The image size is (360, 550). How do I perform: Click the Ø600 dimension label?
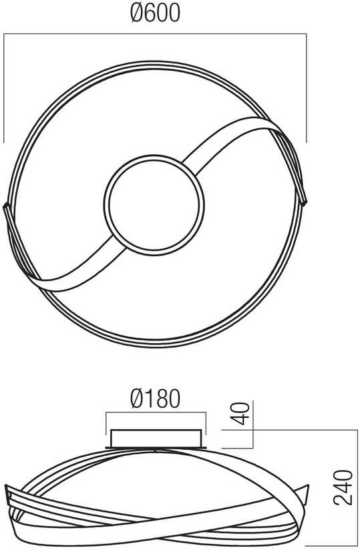pyautogui.click(x=155, y=13)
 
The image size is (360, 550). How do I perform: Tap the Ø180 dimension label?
pyautogui.click(x=155, y=399)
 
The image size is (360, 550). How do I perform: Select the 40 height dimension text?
pyautogui.click(x=241, y=414)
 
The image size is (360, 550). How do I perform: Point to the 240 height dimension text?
pyautogui.click(x=343, y=487)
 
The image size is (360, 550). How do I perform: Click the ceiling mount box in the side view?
pyautogui.click(x=156, y=439)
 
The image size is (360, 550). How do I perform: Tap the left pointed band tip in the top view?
pyautogui.click(x=6, y=206)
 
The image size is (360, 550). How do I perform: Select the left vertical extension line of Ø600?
pyautogui.click(x=4, y=88)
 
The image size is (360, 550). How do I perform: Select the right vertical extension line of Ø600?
pyautogui.click(x=307, y=88)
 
